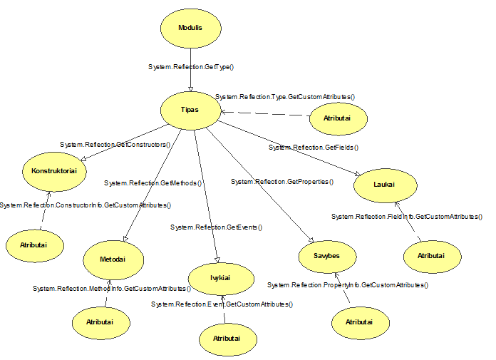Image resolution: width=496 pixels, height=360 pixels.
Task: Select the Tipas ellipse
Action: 190,110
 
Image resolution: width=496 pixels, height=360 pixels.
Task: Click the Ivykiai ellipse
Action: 219,277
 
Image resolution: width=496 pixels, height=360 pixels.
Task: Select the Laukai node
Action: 383,185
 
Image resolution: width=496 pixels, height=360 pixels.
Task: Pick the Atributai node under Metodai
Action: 103,322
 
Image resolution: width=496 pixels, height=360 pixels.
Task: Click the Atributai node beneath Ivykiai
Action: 227,338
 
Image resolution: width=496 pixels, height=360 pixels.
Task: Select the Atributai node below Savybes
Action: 361,322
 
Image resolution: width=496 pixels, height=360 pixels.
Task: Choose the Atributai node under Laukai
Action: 431,254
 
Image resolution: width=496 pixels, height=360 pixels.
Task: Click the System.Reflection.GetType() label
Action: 191,66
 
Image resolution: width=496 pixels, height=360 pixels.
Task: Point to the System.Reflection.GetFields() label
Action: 313,147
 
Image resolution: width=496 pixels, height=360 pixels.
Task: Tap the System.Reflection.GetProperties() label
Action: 282,182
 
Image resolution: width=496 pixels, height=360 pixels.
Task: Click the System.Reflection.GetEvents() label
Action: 217,227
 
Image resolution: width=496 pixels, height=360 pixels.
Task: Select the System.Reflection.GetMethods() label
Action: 153,183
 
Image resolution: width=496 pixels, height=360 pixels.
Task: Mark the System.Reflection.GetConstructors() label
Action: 116,145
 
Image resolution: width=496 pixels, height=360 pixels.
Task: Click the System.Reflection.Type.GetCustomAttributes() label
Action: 285,96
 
